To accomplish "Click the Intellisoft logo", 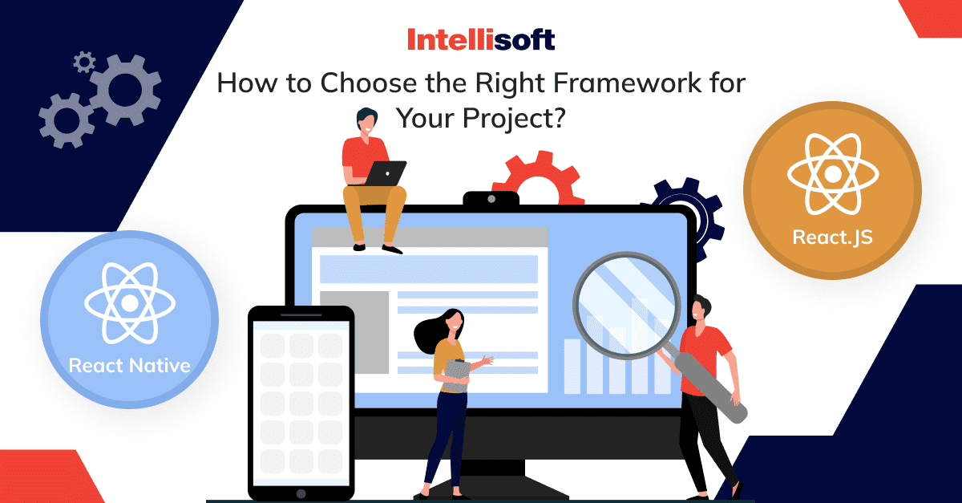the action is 481,39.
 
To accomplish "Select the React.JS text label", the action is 832,237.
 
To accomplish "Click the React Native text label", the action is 129,366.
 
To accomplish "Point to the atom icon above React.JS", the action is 833,174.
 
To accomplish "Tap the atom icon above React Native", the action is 129,303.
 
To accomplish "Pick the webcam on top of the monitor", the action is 491,199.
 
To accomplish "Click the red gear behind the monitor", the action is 539,176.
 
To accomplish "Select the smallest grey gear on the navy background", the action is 83,62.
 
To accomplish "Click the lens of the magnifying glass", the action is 627,306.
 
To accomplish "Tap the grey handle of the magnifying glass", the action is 711,387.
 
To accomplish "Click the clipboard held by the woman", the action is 456,375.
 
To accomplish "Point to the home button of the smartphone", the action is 301,493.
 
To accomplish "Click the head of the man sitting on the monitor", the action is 366,120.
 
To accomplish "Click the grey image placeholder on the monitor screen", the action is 354,332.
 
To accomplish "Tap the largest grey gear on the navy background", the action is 125,90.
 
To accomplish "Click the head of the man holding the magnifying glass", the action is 701,309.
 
